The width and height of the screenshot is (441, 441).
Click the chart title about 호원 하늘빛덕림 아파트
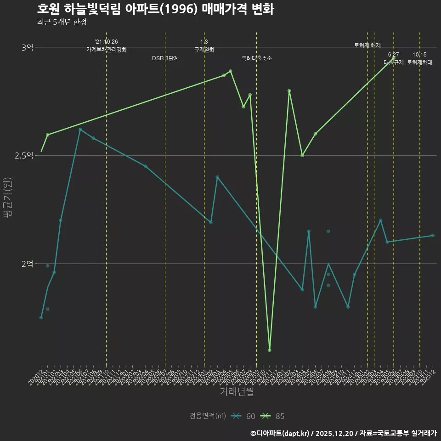(x=155, y=9)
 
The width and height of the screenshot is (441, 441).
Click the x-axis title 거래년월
(x=237, y=392)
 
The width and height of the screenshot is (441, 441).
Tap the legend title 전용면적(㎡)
(x=208, y=416)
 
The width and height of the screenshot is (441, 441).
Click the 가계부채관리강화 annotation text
(x=106, y=49)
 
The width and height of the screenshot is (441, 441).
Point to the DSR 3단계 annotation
(x=165, y=59)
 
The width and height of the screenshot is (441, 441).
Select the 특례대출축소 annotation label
(x=257, y=59)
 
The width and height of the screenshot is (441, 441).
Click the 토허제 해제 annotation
(x=367, y=45)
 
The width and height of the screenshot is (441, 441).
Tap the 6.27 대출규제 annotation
(x=394, y=59)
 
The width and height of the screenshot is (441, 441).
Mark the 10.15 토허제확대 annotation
(x=420, y=59)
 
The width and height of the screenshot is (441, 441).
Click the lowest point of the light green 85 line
(x=270, y=350)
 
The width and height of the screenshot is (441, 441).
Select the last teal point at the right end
(x=433, y=236)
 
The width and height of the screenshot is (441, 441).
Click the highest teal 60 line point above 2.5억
(x=80, y=130)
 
